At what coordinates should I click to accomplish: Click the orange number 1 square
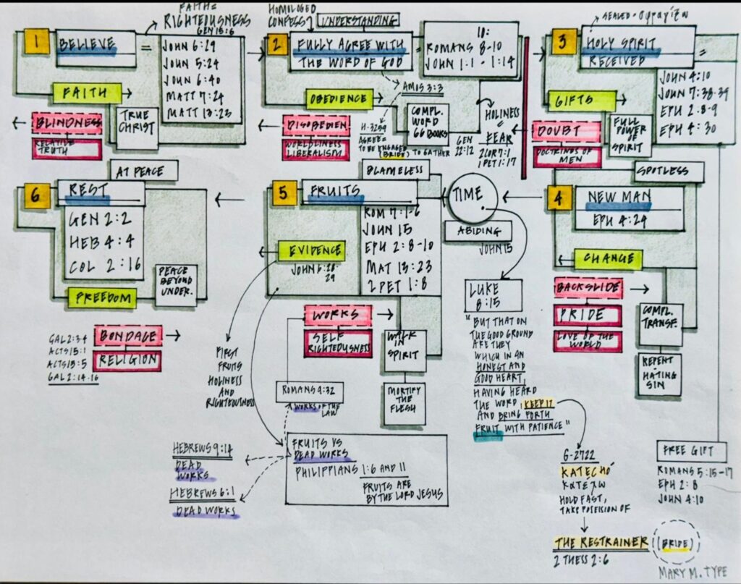38,42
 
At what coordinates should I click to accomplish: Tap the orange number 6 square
36,196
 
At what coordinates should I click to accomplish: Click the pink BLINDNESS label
67,124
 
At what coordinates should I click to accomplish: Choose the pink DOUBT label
566,132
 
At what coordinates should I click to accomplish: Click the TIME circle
473,196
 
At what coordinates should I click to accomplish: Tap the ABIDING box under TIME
478,231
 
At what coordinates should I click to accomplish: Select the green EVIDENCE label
311,250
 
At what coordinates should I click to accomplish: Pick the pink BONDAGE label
128,337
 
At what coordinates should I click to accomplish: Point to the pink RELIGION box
127,360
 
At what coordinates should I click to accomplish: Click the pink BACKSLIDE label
588,289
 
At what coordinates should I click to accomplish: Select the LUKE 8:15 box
494,294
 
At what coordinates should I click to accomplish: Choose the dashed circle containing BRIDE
676,543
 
